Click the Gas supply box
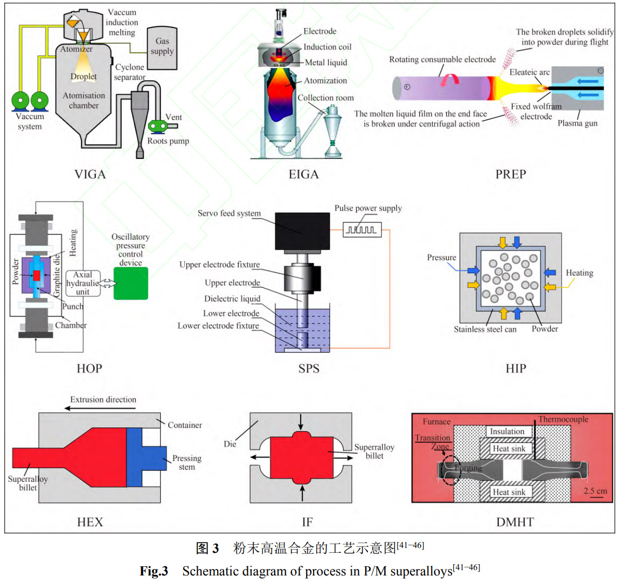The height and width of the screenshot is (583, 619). tap(162, 48)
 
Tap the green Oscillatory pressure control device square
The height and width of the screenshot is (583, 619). tap(130, 283)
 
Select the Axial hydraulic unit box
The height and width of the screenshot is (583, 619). tap(82, 283)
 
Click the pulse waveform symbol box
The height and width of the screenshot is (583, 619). tap(363, 230)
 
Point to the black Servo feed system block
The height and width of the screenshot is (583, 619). tap(302, 231)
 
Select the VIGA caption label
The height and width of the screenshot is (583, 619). tap(90, 174)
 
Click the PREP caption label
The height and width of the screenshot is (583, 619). tap(510, 174)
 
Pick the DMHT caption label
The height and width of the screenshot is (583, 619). tap(514, 522)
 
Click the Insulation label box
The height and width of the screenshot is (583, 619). tap(507, 431)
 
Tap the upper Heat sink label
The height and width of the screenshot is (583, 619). tap(509, 448)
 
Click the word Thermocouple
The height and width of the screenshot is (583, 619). tap(563, 419)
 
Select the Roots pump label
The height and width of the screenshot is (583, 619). tap(168, 141)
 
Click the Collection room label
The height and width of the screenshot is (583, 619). tap(325, 98)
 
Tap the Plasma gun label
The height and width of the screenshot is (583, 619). tap(577, 123)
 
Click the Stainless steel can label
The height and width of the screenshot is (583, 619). tap(485, 329)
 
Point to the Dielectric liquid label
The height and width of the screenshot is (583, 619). tap(232, 299)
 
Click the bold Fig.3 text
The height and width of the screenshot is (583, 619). tap(154, 571)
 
